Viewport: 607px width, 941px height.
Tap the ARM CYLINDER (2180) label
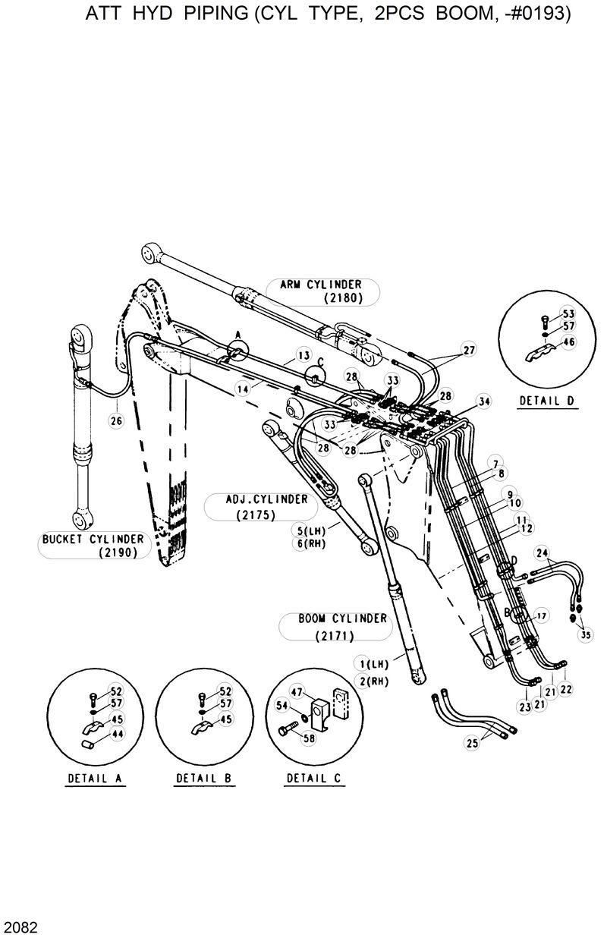324,291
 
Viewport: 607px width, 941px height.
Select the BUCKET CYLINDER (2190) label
93,545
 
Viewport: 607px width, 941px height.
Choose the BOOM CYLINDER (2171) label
332,626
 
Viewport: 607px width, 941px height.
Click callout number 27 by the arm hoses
468,350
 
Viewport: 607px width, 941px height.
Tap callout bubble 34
484,401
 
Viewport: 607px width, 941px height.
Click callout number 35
585,635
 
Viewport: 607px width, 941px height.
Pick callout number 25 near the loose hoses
472,744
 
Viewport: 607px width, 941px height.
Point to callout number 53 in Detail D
568,313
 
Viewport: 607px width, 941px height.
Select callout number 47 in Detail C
296,691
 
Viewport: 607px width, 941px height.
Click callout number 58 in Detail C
309,737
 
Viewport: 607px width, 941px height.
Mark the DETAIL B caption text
205,779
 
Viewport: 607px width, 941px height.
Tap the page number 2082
18,928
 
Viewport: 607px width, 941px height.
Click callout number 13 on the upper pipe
303,355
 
